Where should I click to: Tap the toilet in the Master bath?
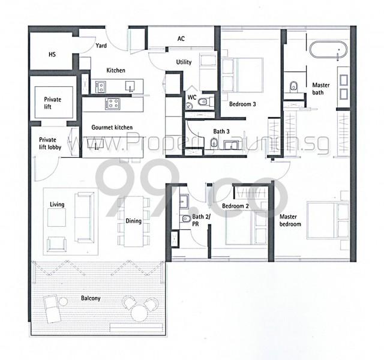tap(293, 86)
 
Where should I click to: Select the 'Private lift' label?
tap(52, 103)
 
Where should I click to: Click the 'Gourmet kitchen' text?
tap(112, 127)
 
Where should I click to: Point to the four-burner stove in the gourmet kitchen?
tap(112, 104)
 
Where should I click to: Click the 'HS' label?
tap(52, 54)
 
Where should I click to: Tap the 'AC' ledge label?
tap(181, 38)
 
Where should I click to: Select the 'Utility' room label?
tap(184, 62)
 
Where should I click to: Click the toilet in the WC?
tap(204, 101)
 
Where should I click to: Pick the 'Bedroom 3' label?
tap(242, 104)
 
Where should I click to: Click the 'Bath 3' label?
tap(221, 131)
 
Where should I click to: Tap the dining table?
tap(133, 221)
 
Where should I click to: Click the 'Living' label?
tap(57, 204)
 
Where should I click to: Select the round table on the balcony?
tap(139, 313)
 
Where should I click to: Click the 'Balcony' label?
tap(91, 298)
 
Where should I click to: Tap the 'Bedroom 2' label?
tap(235, 206)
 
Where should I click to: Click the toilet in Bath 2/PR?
tap(186, 218)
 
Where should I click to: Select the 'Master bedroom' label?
tap(290, 220)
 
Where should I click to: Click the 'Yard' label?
tap(101, 46)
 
